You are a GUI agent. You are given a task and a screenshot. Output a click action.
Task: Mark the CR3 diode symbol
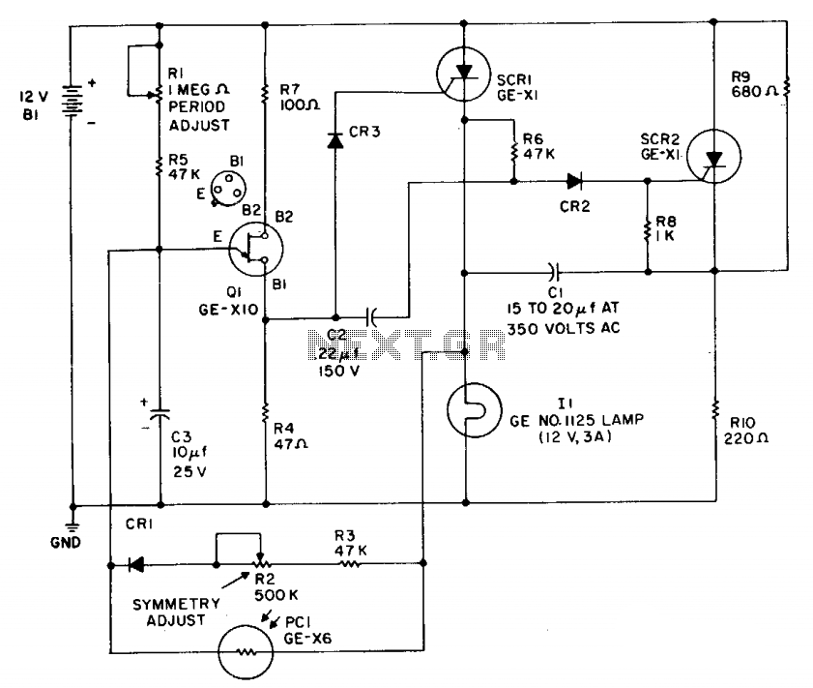(x=335, y=140)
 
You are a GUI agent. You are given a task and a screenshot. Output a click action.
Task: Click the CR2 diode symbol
(x=574, y=181)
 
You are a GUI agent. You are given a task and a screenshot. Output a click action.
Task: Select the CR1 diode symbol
(x=136, y=564)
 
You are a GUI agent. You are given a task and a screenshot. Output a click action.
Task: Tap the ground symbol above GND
(x=73, y=527)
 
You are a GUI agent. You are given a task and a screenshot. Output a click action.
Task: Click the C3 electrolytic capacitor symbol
(x=160, y=413)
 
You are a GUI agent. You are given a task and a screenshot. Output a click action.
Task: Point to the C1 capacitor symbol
(x=554, y=271)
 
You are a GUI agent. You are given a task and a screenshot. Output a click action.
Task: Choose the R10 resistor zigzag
(x=715, y=409)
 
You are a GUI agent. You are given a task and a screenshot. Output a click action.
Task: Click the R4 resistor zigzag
(x=265, y=412)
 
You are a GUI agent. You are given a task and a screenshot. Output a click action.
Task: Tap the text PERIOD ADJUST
(x=199, y=116)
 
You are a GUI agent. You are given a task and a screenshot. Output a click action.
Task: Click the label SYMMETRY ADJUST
(x=176, y=612)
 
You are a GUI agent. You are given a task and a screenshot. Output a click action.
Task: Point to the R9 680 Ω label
(x=754, y=84)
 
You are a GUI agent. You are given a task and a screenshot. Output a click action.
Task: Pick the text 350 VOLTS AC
(x=563, y=328)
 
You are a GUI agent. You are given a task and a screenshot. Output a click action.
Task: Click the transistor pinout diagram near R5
(x=228, y=189)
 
